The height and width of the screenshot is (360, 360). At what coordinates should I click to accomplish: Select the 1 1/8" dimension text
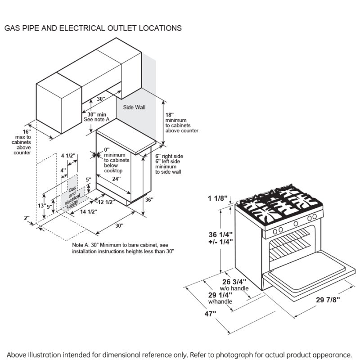pyautogui.click(x=218, y=198)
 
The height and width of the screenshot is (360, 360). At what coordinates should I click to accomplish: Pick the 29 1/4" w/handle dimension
pyautogui.click(x=220, y=295)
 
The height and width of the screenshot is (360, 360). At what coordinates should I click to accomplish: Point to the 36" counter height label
pyautogui.click(x=149, y=199)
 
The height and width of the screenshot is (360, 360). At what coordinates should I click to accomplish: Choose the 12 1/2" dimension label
pyautogui.click(x=107, y=202)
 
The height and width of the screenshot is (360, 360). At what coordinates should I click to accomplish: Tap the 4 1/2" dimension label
pyautogui.click(x=68, y=156)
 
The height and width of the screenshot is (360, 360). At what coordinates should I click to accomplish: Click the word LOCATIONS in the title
pyautogui.click(x=156, y=28)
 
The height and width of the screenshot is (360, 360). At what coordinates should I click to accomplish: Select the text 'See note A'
pyautogui.click(x=96, y=119)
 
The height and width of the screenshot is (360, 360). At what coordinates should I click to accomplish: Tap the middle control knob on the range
pyautogui.click(x=296, y=223)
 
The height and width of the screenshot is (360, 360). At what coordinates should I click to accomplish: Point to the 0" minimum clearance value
pyautogui.click(x=107, y=150)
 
